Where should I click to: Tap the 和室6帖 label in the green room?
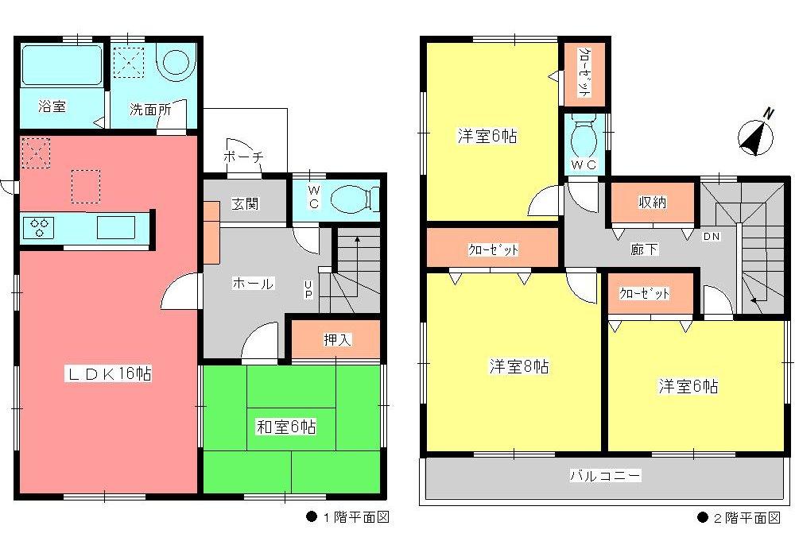[285, 427]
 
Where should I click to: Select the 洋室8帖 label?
[518, 367]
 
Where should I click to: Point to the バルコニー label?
[605, 477]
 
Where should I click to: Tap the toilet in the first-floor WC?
[350, 199]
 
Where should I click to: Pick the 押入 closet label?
[337, 339]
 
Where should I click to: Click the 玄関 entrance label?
[245, 204]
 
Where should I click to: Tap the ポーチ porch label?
[243, 157]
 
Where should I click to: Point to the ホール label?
[252, 284]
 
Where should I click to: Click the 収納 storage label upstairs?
[653, 203]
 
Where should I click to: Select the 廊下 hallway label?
[644, 249]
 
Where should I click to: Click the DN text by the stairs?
[712, 236]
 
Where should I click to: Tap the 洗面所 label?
[150, 110]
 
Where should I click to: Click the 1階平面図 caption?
[347, 518]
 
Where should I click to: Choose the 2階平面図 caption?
[739, 518]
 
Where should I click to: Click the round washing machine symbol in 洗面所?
[176, 63]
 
